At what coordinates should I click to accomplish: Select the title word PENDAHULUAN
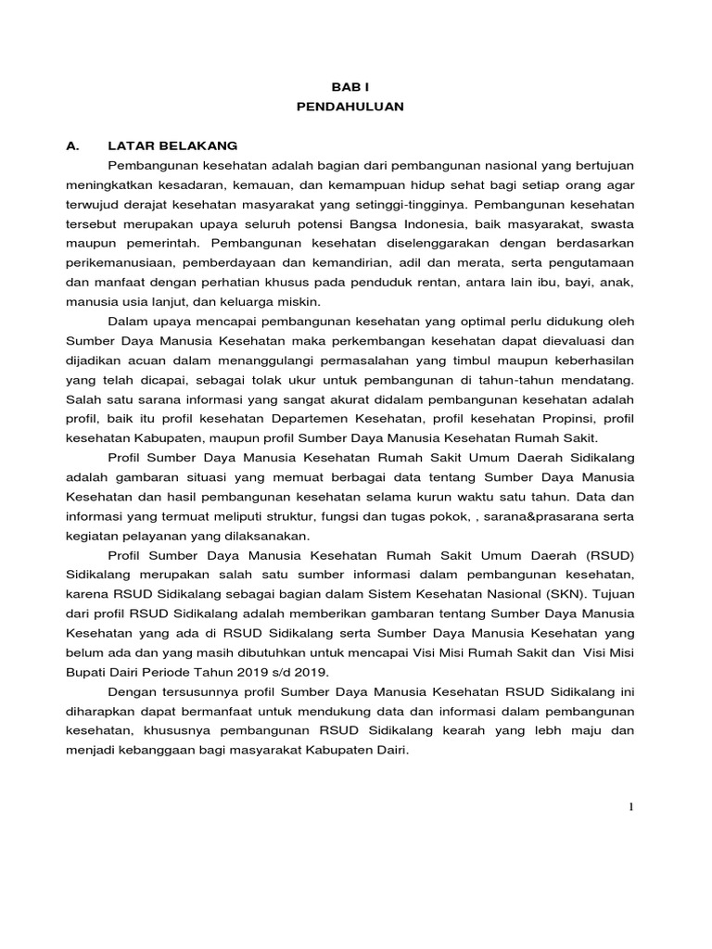[350, 107]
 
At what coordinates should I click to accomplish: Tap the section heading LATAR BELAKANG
[172, 146]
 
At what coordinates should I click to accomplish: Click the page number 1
[631, 807]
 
